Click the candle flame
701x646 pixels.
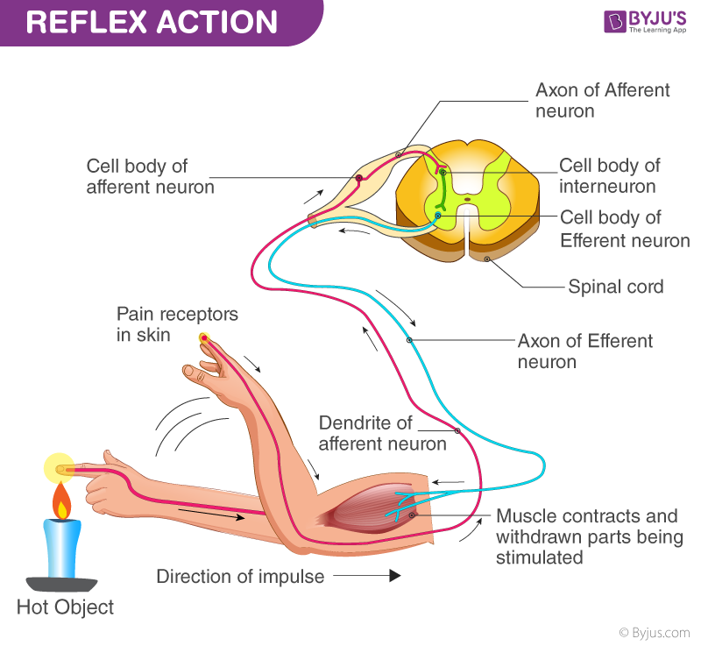(61, 501)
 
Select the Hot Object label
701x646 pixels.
(65, 607)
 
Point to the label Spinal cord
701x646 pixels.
(615, 287)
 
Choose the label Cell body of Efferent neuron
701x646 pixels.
(623, 228)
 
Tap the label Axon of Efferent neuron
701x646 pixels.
(584, 351)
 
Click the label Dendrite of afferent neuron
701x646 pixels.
(382, 433)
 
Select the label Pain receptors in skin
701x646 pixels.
(177, 324)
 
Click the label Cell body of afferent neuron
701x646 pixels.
(150, 175)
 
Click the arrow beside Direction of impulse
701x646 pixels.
(367, 576)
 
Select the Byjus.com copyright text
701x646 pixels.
(655, 632)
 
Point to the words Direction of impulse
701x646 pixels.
(240, 576)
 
